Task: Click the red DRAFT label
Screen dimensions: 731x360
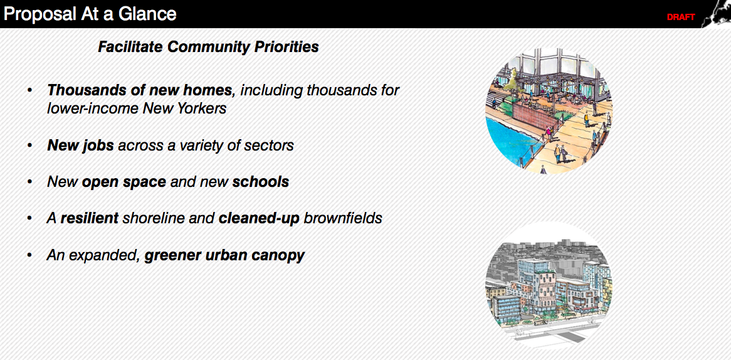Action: tap(681, 18)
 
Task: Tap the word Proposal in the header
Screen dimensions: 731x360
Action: tap(39, 14)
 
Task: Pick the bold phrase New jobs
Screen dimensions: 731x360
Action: tap(80, 146)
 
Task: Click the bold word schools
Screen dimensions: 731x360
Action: tap(261, 181)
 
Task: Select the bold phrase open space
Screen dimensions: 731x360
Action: tap(124, 183)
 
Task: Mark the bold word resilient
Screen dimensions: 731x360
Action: tap(89, 218)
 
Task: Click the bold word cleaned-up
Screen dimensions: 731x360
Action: tap(259, 219)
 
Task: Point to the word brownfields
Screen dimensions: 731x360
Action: tap(343, 218)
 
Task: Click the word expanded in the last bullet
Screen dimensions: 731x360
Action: tap(103, 256)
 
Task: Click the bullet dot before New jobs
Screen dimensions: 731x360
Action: tap(30, 146)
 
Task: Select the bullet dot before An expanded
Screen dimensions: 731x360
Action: tap(30, 256)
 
